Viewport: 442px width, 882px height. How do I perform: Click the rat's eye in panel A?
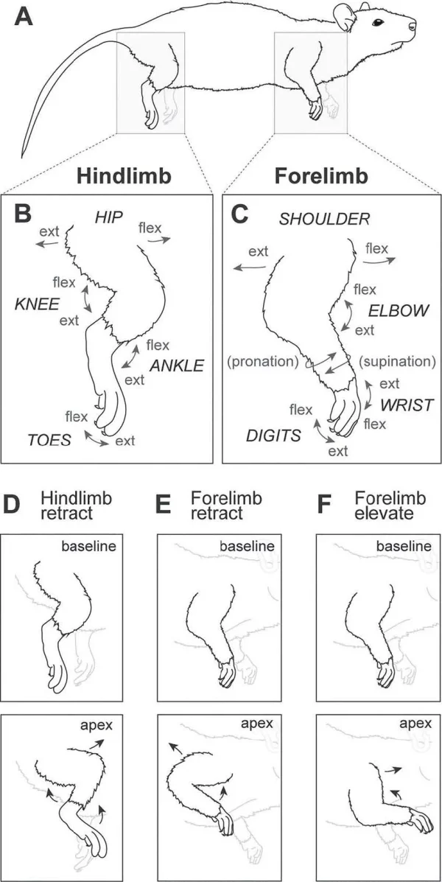[x=378, y=22]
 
